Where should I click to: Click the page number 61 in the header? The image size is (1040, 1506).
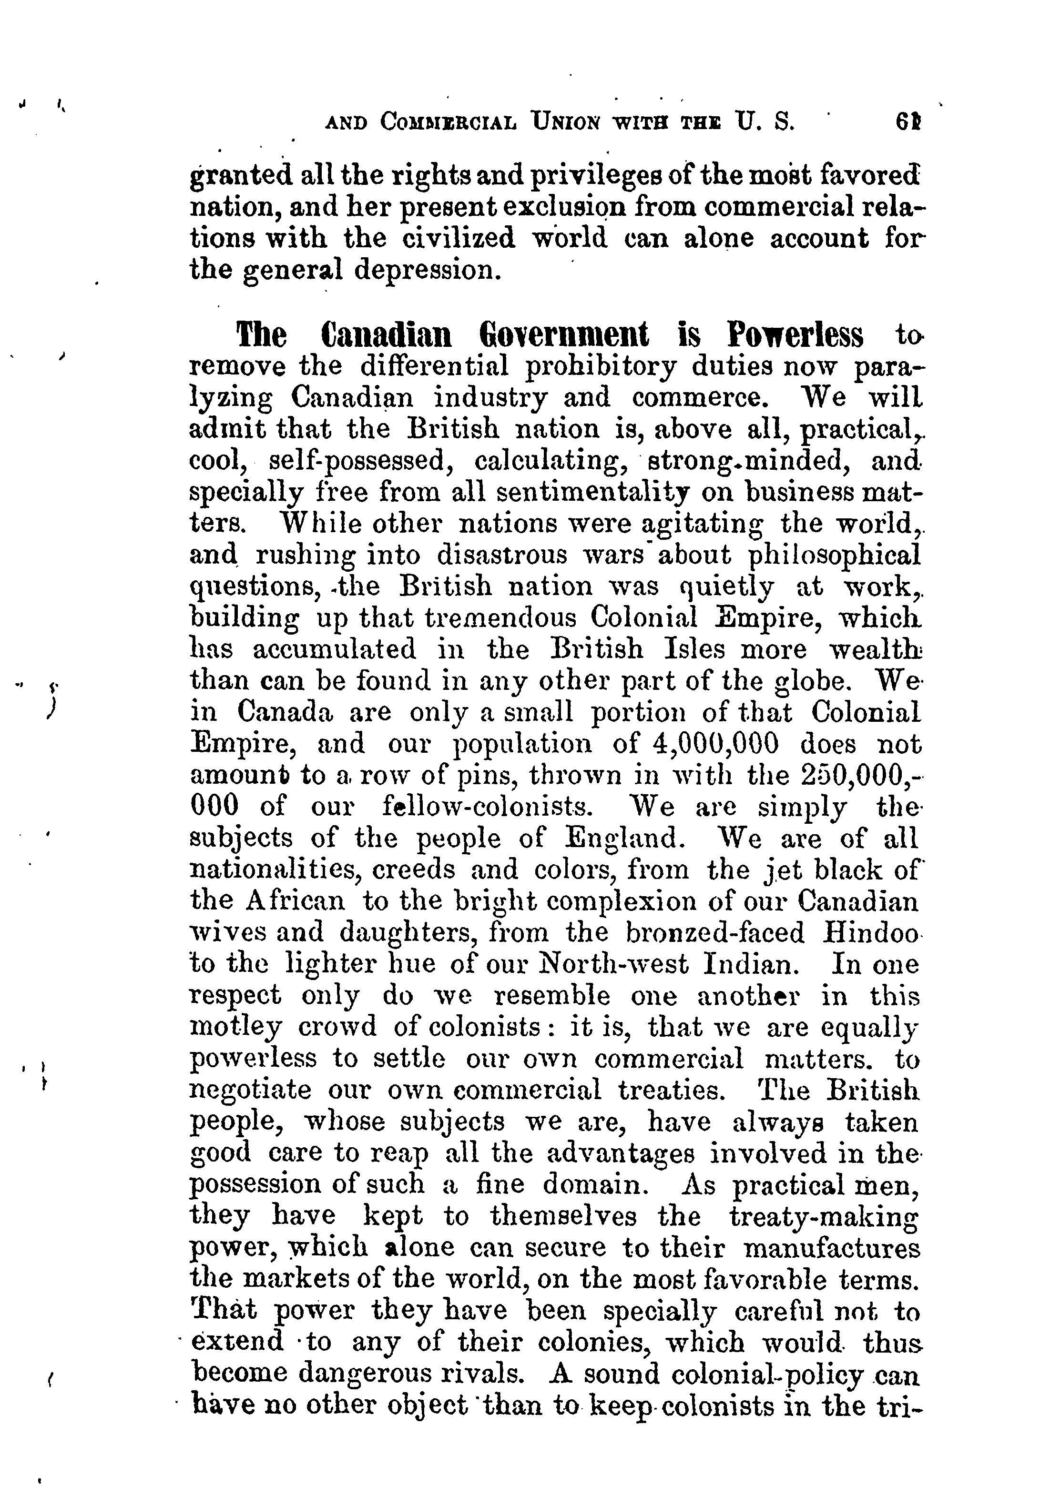907,122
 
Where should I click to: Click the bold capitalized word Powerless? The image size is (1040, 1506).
795,336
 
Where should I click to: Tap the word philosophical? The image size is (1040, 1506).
835,555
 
